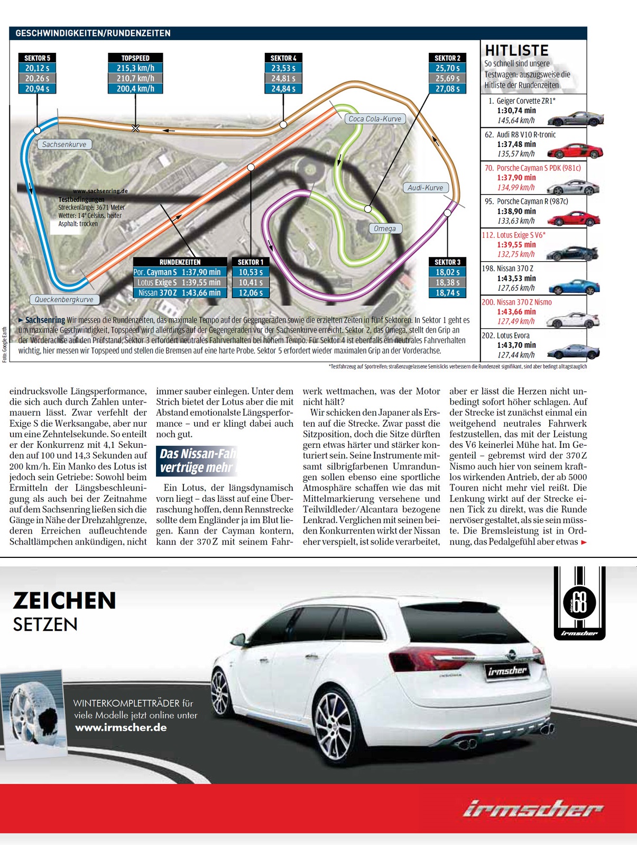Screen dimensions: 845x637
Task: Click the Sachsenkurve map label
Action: click(x=64, y=144)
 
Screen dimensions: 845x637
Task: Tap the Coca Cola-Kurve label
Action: click(x=375, y=119)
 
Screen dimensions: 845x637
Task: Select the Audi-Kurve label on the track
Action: click(x=425, y=188)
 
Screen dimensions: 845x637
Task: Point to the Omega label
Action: click(x=384, y=228)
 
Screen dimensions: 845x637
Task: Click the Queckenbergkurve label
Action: click(x=64, y=299)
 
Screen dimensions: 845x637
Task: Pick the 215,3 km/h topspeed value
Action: click(x=135, y=68)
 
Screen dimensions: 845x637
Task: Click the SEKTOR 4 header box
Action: click(x=283, y=58)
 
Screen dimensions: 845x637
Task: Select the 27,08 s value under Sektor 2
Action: click(x=447, y=89)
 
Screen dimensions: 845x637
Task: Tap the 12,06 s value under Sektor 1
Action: click(x=251, y=293)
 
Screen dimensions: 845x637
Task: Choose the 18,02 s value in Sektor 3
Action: click(x=447, y=272)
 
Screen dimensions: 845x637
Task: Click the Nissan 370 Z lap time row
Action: click(x=180, y=293)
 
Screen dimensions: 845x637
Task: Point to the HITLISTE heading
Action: click(x=516, y=51)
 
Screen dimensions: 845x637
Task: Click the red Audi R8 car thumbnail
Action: click(x=575, y=151)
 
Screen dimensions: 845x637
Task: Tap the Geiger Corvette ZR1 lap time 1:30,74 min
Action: click(x=516, y=111)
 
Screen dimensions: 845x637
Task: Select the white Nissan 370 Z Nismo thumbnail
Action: click(x=573, y=320)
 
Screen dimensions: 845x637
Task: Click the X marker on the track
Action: click(x=135, y=128)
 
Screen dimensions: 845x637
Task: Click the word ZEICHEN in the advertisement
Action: click(x=64, y=601)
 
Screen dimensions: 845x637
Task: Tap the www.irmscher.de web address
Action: click(x=121, y=728)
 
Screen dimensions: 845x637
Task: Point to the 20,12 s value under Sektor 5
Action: click(x=37, y=68)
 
